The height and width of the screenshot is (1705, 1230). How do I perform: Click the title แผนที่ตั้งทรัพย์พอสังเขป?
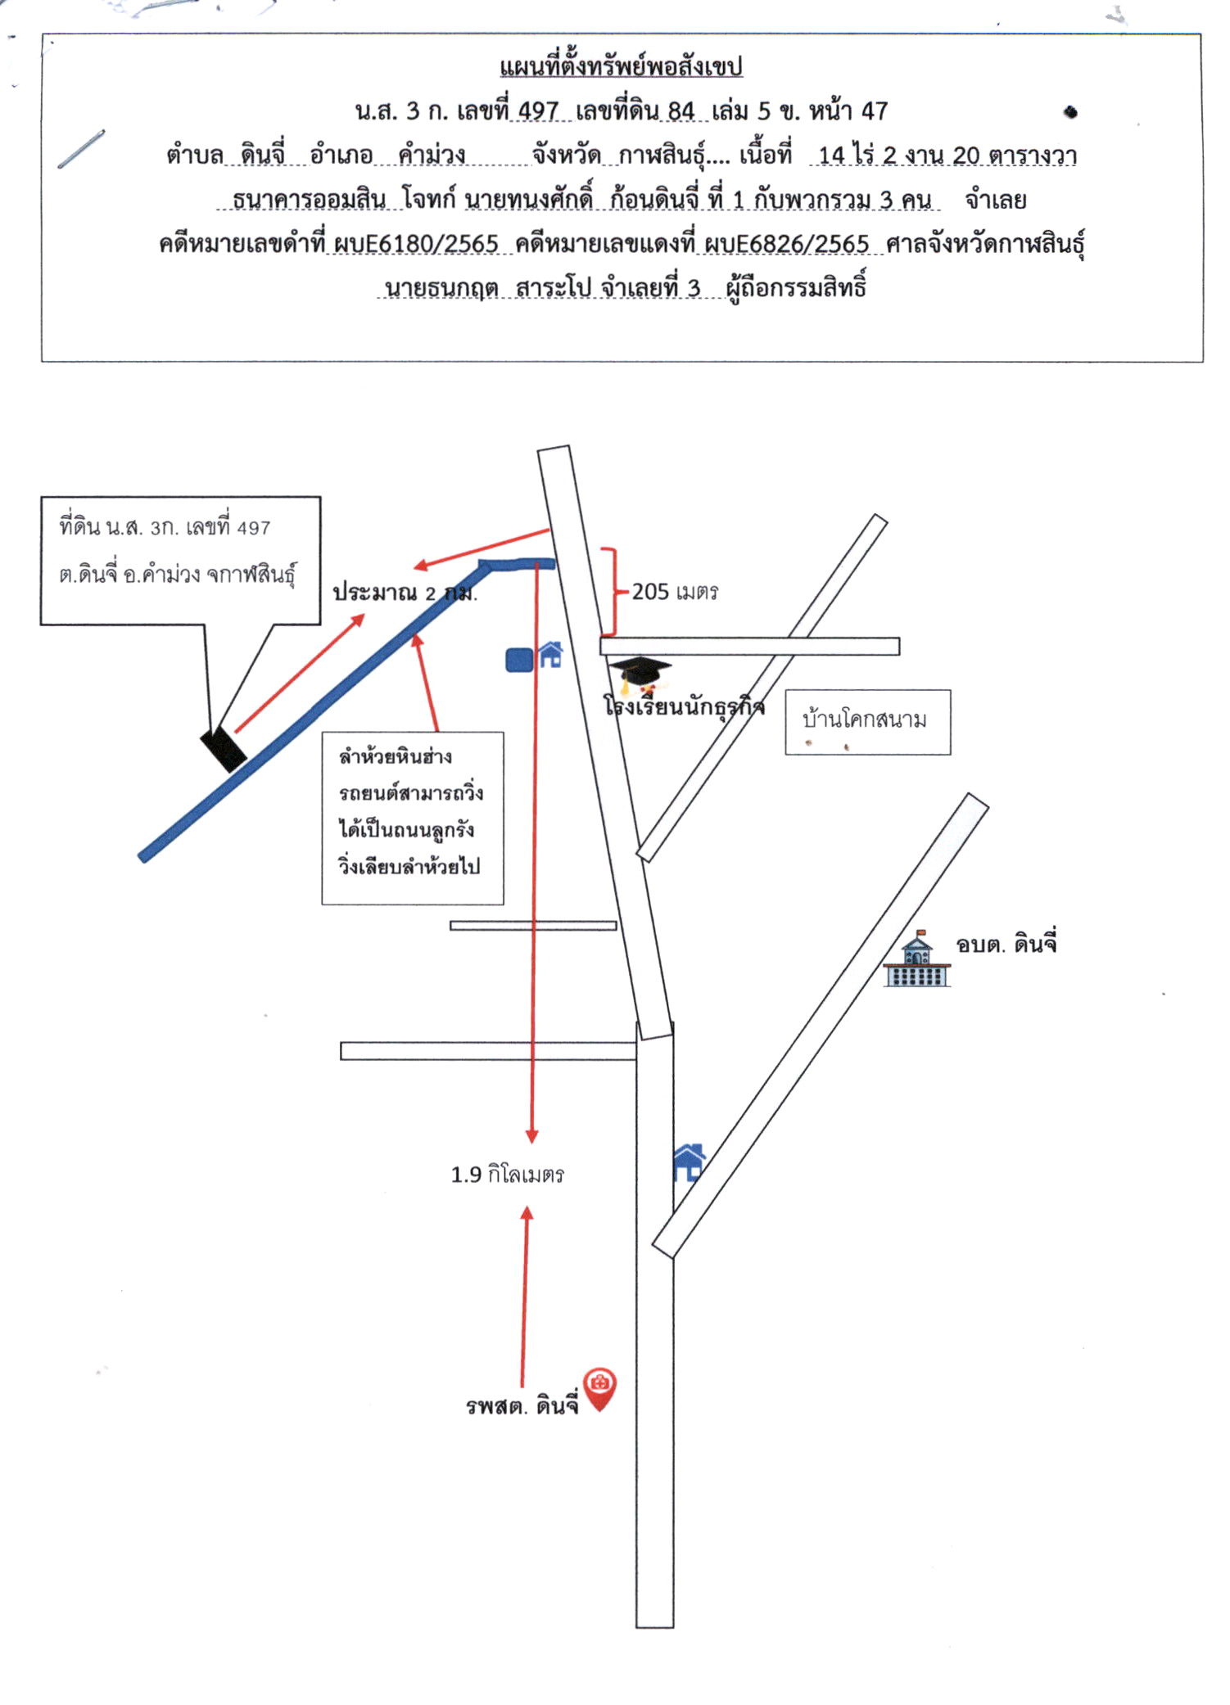(x=621, y=66)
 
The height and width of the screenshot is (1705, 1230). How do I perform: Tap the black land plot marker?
(x=224, y=749)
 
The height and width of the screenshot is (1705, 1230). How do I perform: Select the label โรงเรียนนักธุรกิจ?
(x=684, y=706)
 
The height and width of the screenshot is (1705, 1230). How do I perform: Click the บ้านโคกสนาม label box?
(x=868, y=722)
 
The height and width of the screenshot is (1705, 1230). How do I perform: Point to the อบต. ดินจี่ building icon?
(x=917, y=958)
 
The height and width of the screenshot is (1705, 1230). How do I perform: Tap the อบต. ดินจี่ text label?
(x=1006, y=944)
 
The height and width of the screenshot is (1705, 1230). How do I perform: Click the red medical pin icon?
(x=600, y=1388)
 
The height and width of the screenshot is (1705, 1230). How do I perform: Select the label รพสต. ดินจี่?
(x=522, y=1406)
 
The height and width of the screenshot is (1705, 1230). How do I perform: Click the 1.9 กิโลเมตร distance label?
(x=508, y=1175)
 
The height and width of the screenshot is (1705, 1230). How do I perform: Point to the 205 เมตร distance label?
(x=675, y=592)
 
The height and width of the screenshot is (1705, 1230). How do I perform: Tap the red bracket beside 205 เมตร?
(x=610, y=592)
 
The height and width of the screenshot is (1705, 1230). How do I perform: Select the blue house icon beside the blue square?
(x=550, y=655)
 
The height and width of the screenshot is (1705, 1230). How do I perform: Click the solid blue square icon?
(x=520, y=660)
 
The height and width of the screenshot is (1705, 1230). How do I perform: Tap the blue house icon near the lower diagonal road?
(x=689, y=1162)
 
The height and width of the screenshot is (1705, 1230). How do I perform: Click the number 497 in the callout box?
(x=254, y=529)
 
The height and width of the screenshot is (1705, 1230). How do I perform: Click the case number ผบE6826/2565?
(x=786, y=244)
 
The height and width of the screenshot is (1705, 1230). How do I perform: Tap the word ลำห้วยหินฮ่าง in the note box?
(x=396, y=756)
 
